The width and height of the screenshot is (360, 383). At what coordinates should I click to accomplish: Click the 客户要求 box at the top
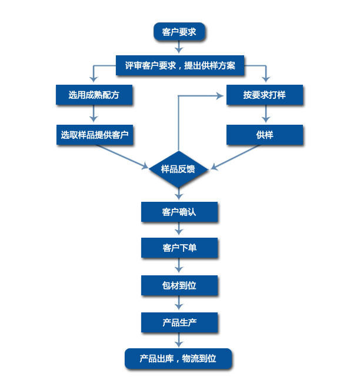point(179,32)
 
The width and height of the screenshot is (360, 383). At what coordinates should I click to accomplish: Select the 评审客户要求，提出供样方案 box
point(179,65)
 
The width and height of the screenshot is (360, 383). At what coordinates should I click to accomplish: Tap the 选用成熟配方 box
point(94,95)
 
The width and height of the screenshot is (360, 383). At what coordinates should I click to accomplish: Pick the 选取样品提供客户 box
point(94,135)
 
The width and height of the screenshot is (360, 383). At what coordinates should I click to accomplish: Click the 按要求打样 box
point(265,95)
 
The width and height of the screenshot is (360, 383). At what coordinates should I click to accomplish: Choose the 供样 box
point(265,135)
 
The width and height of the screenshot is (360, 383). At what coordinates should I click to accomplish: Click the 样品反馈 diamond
point(179,169)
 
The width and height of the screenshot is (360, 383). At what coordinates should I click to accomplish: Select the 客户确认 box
point(179,212)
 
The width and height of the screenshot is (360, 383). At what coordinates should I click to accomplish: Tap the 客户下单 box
point(179,248)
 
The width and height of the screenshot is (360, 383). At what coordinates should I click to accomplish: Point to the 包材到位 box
point(179,285)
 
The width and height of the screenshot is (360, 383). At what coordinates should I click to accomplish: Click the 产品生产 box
point(179,322)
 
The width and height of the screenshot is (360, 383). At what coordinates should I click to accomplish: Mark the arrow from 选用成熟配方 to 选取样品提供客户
point(94,114)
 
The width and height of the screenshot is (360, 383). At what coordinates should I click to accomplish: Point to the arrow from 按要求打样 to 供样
point(265,115)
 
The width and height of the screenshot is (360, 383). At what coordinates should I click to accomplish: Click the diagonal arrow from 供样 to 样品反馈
point(235,157)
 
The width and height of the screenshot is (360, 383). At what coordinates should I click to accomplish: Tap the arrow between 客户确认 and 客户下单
point(179,230)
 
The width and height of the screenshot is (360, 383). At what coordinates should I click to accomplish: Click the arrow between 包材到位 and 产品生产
point(179,304)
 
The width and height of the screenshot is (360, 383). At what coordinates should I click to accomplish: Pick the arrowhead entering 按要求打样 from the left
point(222,94)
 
